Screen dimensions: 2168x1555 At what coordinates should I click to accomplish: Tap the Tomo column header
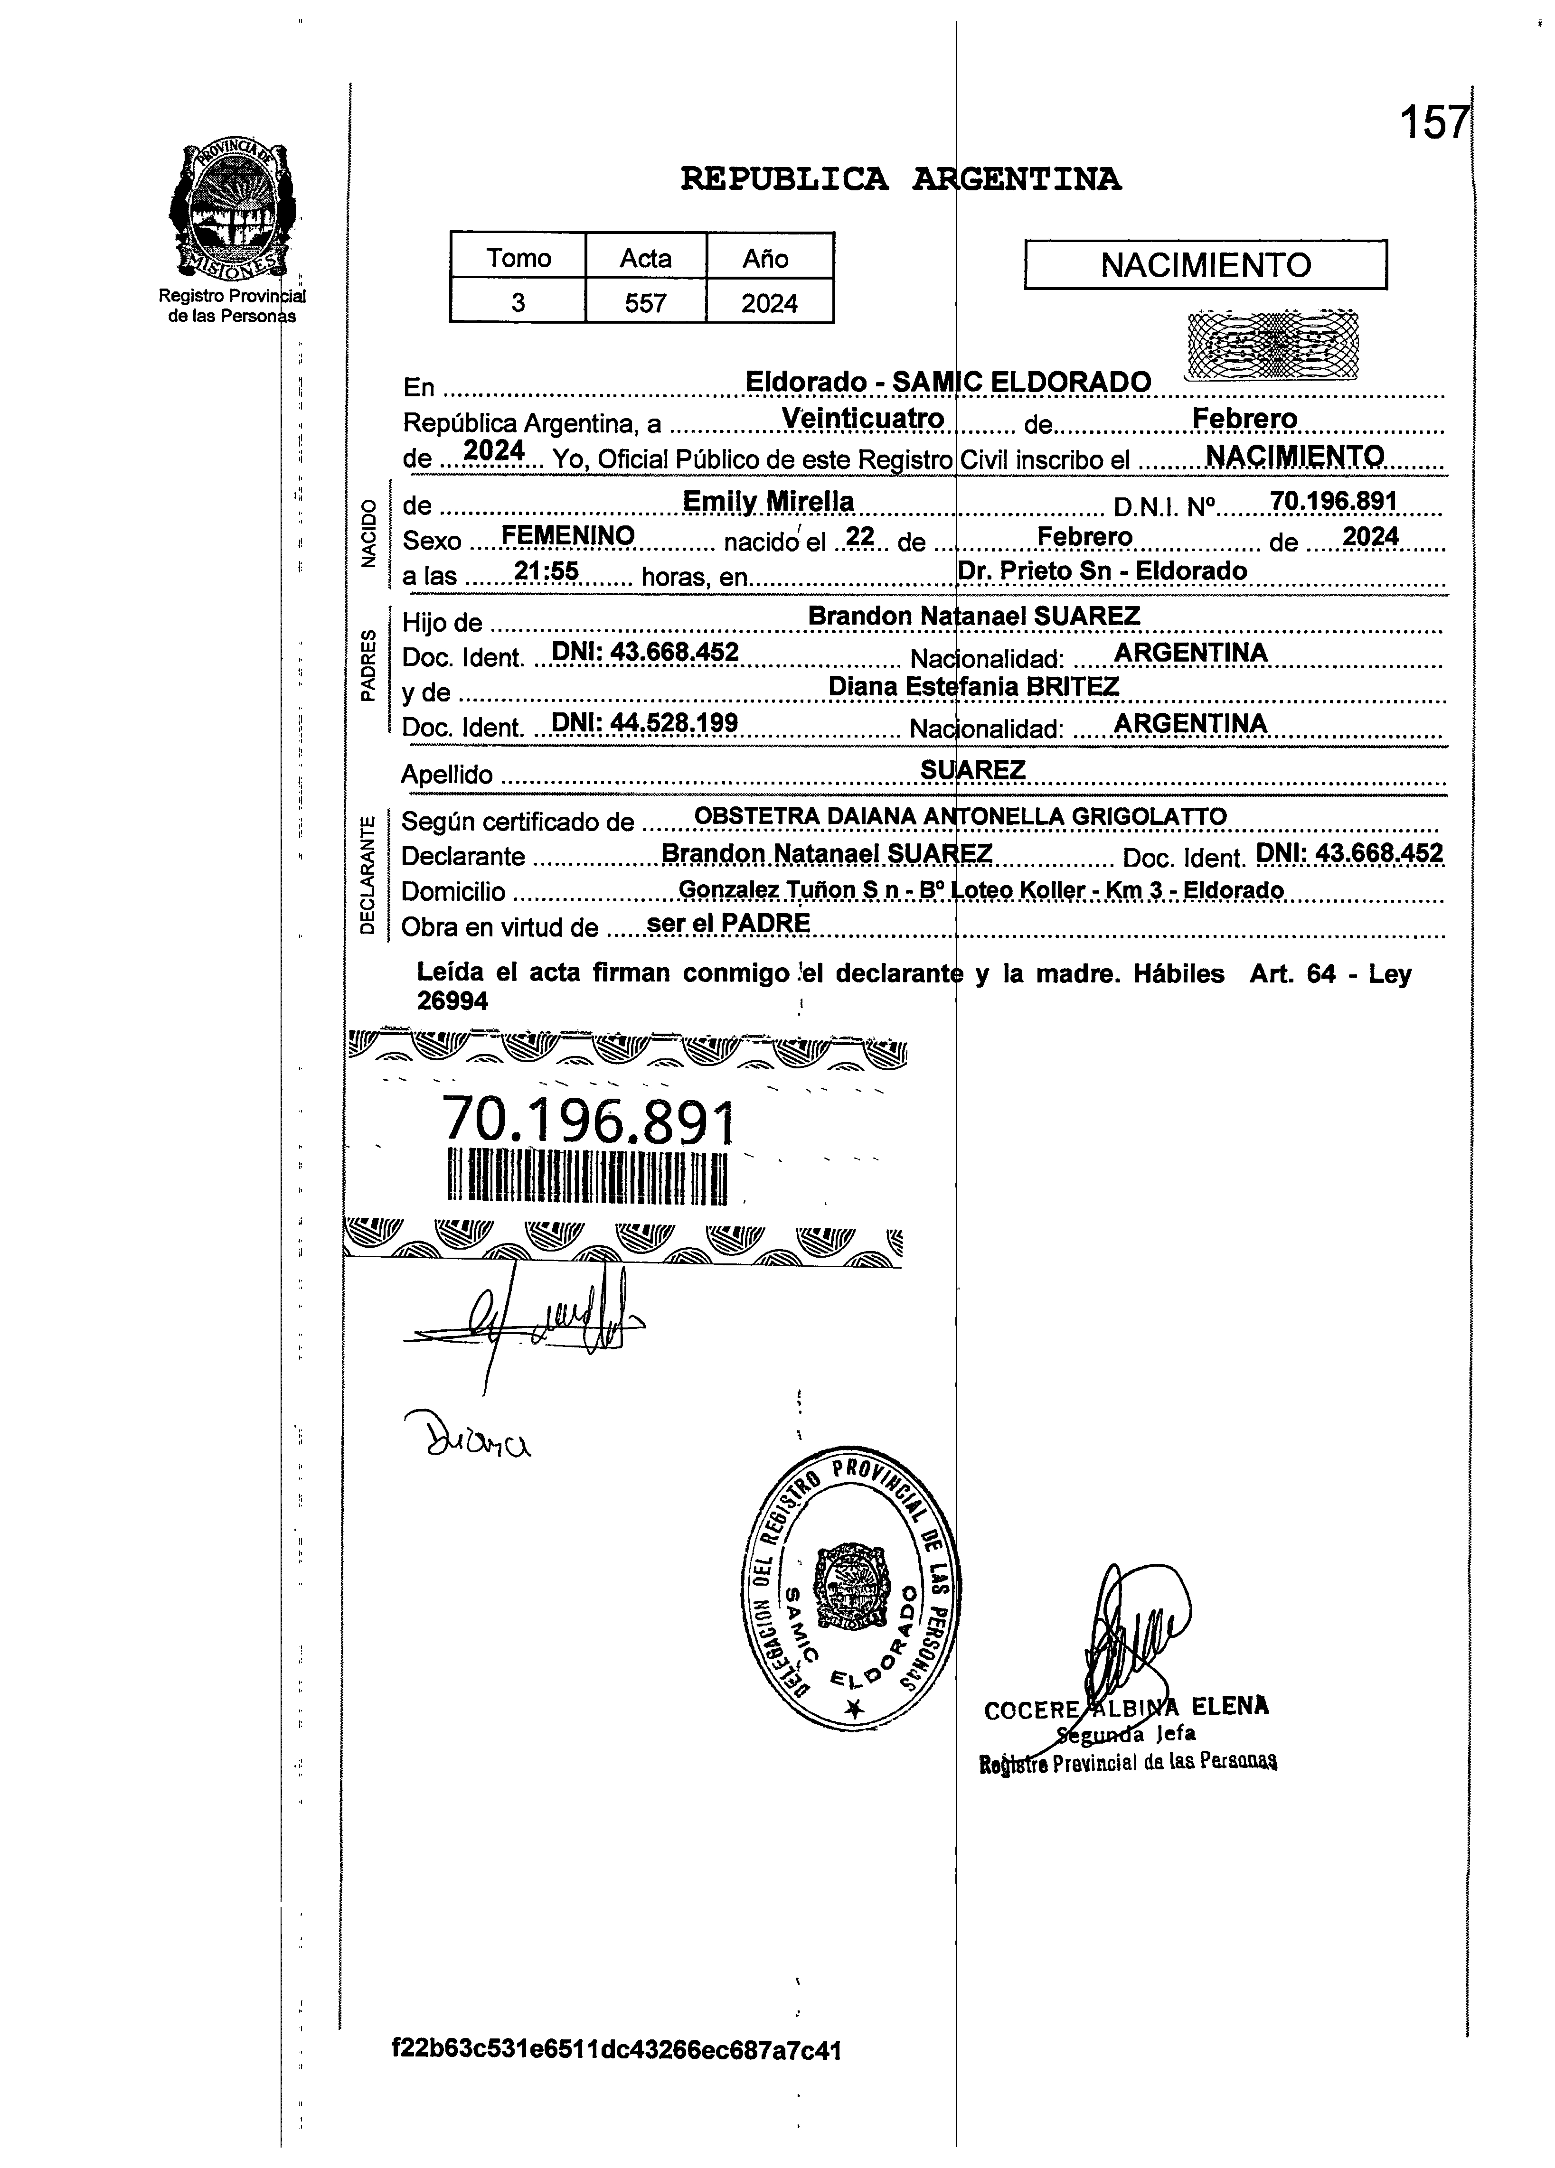(518, 258)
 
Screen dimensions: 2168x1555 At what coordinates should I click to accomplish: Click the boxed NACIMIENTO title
(1205, 265)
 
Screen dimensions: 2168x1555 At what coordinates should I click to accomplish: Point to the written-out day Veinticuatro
(863, 419)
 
